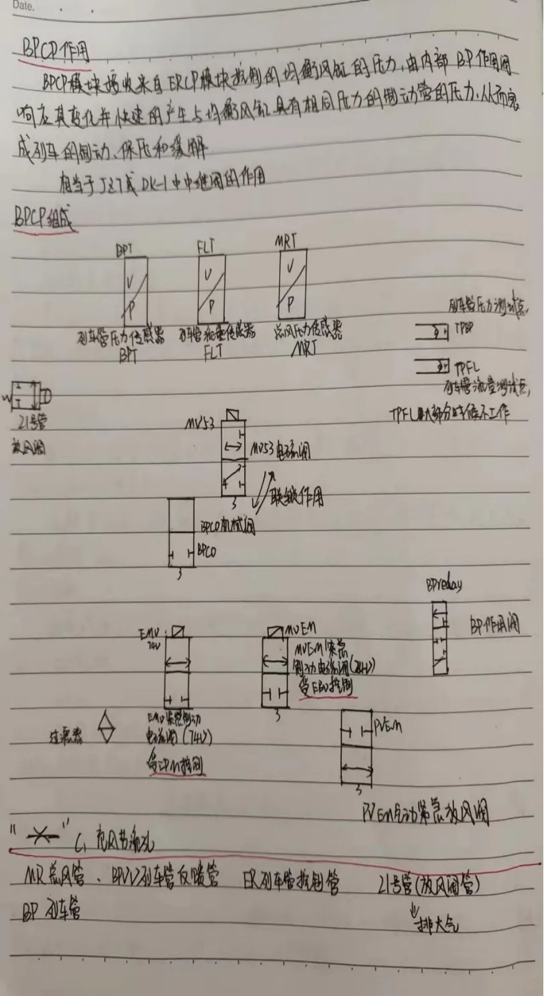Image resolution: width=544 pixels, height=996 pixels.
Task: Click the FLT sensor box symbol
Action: [x=211, y=290]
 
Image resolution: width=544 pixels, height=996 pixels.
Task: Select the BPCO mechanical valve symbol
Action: [x=182, y=534]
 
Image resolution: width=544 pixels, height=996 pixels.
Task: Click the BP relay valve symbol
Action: [x=440, y=638]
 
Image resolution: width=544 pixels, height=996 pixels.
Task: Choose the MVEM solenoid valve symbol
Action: [x=275, y=670]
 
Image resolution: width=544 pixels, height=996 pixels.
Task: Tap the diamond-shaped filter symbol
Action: [x=107, y=730]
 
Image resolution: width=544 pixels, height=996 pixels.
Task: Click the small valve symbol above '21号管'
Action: [x=25, y=396]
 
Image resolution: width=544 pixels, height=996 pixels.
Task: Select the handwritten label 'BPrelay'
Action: [x=443, y=585]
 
